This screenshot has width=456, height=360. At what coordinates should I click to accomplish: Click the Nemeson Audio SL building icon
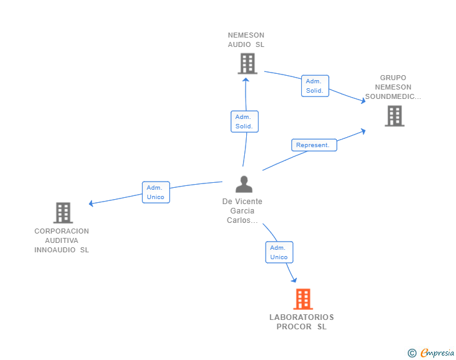click(247, 63)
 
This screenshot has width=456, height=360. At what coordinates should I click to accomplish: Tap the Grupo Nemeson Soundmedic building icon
click(394, 116)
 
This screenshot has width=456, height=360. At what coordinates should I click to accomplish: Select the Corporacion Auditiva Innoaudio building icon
click(63, 213)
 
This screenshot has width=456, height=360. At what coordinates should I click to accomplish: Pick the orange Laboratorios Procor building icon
click(303, 299)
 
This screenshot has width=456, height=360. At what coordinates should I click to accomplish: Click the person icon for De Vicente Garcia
click(244, 184)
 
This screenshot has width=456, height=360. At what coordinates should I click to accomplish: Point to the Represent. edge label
click(314, 145)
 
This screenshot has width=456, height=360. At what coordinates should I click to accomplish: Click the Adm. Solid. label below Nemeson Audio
click(244, 121)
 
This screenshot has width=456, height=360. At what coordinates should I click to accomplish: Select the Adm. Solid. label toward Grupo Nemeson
click(314, 86)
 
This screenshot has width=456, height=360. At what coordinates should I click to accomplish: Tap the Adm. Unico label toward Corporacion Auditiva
click(155, 192)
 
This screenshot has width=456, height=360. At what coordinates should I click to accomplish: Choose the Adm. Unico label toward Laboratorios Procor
click(279, 252)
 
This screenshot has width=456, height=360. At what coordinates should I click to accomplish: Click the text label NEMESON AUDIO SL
click(246, 40)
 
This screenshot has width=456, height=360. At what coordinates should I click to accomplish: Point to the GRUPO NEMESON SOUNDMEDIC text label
click(393, 88)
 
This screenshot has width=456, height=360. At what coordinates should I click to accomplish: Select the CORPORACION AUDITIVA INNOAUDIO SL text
click(62, 240)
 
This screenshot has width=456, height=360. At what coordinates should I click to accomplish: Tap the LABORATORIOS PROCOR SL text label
click(302, 322)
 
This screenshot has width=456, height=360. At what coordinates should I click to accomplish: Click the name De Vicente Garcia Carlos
click(242, 211)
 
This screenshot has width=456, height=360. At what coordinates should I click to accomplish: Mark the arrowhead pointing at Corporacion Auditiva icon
click(91, 203)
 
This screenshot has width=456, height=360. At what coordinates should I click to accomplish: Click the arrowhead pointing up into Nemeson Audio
click(246, 79)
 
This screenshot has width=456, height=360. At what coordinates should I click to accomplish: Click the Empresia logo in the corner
click(437, 353)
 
